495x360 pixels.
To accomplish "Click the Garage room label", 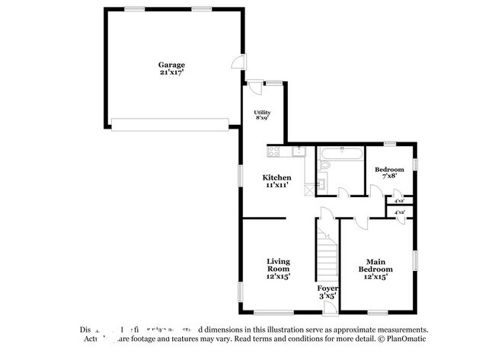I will tap(171, 68).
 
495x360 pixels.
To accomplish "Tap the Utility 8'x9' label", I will tap(262, 115).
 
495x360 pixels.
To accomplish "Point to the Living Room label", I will tap(278, 269).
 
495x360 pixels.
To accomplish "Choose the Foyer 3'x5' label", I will tap(327, 292).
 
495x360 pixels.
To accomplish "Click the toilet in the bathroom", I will tap(323, 183).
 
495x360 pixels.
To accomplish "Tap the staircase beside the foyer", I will tap(327, 250).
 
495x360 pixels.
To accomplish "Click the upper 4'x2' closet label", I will tap(399, 201).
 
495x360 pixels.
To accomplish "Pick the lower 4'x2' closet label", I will tap(399, 212).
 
